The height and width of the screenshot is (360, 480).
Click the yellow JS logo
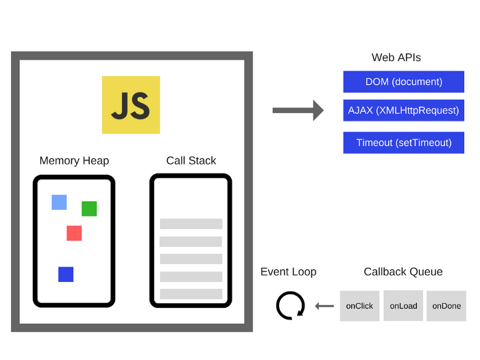[131, 105]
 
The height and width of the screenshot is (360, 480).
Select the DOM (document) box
[403, 82]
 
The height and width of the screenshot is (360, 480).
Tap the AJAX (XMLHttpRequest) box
[403, 110]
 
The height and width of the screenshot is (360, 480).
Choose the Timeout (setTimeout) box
[403, 143]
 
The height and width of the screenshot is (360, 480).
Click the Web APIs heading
[396, 58]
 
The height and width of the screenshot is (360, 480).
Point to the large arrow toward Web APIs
[298, 110]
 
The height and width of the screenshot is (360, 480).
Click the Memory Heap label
[74, 160]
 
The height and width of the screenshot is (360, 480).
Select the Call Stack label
[191, 160]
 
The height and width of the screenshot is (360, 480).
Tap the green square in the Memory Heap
[89, 208]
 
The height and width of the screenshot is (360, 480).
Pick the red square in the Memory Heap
[74, 233]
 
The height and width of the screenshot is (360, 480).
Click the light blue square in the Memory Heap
[59, 202]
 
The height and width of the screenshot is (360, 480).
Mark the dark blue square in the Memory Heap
[66, 274]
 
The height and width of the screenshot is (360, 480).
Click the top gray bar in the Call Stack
[191, 224]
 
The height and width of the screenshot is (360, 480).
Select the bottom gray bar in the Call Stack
[191, 293]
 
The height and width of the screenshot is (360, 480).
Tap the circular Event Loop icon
[290, 305]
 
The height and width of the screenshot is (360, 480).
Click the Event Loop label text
[288, 272]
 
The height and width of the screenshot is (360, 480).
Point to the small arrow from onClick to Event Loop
[324, 306]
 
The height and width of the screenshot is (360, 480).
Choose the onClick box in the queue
[359, 306]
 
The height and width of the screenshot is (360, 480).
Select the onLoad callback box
[403, 306]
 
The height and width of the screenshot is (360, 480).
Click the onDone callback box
[446, 306]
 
